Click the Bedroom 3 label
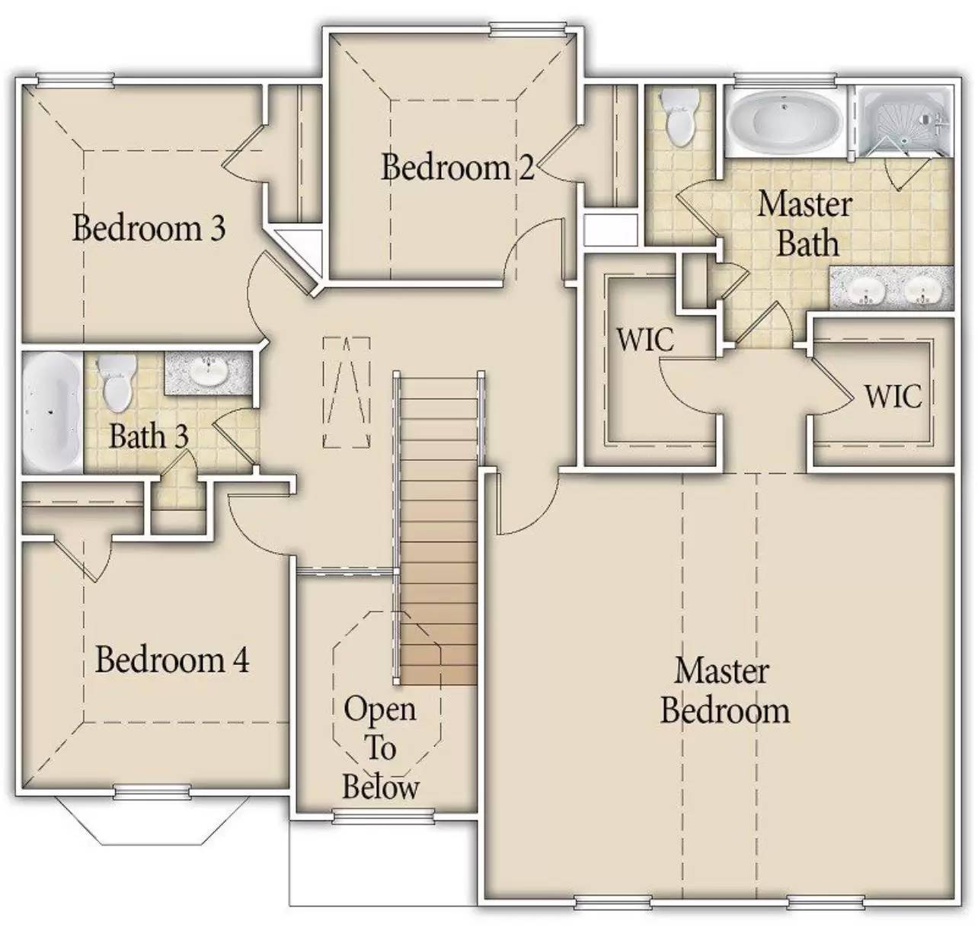pos(149,228)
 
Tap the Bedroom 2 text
pos(457,167)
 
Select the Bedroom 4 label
pos(172,659)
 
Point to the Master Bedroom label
pos(724,691)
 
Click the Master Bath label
pos(806,224)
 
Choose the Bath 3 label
pos(149,436)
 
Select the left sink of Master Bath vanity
pos(864,290)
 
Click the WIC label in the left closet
pos(645,340)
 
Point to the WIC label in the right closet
pos(892,396)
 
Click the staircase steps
pos(438,533)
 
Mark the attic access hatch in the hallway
pos(347,392)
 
